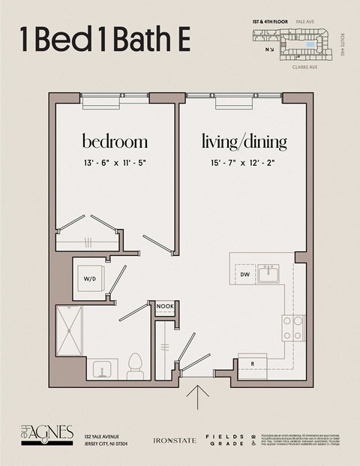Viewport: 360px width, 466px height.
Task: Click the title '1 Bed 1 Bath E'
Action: [x=104, y=41]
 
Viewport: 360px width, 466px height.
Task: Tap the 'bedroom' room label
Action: [x=115, y=142]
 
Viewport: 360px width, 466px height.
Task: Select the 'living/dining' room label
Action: [x=244, y=142]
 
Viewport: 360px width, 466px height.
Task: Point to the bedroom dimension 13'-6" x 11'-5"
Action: [x=115, y=164]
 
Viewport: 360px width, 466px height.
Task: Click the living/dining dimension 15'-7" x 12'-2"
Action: [x=244, y=164]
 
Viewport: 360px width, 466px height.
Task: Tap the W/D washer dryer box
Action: [x=90, y=279]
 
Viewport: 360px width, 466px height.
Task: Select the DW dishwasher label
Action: [x=245, y=275]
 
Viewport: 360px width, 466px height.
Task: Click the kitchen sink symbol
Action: [x=268, y=275]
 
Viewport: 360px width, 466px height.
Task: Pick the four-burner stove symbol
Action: [x=292, y=326]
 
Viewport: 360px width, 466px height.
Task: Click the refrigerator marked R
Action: [x=252, y=364]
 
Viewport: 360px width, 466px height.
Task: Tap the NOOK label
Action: [x=164, y=306]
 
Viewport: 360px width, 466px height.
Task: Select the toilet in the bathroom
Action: [x=135, y=363]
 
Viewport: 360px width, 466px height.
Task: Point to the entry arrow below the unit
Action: [x=198, y=398]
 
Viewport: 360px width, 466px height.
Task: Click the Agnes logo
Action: [x=46, y=434]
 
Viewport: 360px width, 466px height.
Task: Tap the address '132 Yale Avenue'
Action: [x=106, y=435]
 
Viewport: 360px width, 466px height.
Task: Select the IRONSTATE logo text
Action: [x=174, y=440]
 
